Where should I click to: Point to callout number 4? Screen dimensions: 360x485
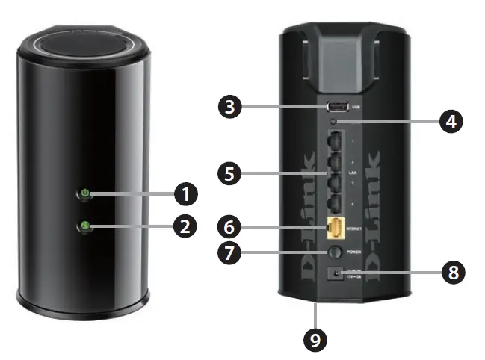point(448,121)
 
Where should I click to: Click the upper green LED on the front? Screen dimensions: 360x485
point(84,195)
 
